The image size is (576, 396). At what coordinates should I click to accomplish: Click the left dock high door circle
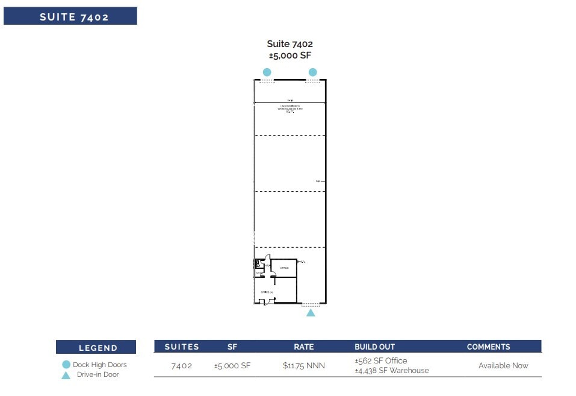tap(267, 72)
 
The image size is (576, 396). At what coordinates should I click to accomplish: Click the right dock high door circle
tap(312, 72)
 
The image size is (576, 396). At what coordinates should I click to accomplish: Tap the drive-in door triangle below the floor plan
tap(311, 313)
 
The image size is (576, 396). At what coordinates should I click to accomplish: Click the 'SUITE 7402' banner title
tap(74, 17)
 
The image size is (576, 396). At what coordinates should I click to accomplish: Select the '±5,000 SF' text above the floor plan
tap(290, 55)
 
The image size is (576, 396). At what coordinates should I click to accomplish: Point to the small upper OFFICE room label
tap(284, 268)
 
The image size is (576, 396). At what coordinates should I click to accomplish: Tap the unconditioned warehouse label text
tap(290, 108)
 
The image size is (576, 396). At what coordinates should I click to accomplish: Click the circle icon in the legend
tap(66, 365)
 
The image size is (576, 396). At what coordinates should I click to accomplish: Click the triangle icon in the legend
tap(66, 374)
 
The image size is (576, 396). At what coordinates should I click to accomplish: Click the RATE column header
tap(303, 347)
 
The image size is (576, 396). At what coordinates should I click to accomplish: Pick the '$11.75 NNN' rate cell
tap(303, 365)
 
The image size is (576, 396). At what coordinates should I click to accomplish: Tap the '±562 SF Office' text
tap(381, 360)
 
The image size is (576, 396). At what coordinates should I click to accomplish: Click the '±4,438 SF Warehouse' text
tap(392, 370)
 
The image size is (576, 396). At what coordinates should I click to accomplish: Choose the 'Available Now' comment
tap(503, 365)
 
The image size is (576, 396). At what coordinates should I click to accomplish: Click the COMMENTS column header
tap(488, 347)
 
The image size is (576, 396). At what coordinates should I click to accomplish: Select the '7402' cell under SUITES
tap(182, 366)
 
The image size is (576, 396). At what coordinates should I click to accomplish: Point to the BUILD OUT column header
tap(374, 347)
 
